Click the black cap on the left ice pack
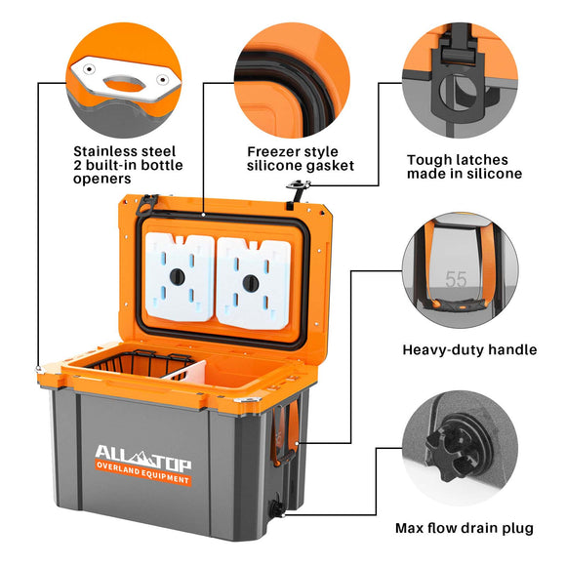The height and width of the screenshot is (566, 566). [178, 276]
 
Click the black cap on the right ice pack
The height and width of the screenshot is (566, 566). [251, 283]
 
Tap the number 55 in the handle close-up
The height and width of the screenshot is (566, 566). [456, 279]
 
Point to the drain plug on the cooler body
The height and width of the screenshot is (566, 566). [276, 508]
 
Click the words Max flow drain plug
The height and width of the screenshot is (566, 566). [465, 528]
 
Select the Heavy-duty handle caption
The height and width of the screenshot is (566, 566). [469, 349]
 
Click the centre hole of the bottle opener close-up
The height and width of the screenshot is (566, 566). [124, 83]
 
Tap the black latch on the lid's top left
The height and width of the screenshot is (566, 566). [146, 204]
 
